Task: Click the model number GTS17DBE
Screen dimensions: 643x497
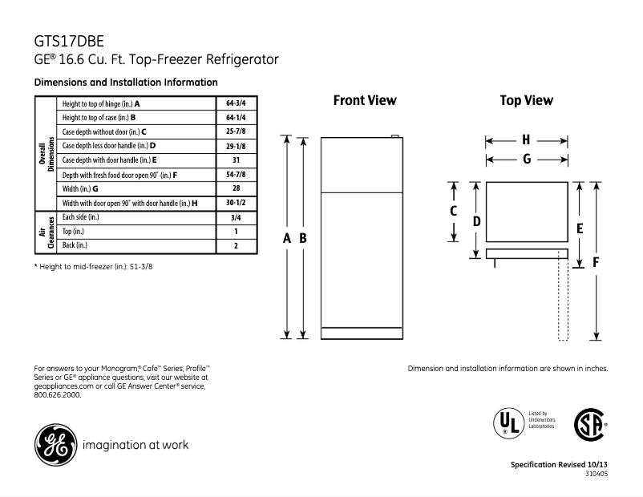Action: coord(68,41)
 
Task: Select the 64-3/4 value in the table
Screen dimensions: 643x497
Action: coord(236,103)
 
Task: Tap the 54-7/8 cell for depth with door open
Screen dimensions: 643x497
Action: coord(236,175)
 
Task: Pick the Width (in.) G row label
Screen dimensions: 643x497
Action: coord(80,189)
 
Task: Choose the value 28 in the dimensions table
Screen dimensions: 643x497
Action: coord(236,189)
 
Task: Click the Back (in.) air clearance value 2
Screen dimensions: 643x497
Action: coord(236,245)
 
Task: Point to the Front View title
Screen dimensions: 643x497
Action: coord(365,101)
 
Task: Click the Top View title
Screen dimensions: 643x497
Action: coord(526,101)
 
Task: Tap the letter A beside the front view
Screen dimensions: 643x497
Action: coord(287,238)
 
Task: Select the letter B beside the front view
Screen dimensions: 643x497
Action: coord(303,238)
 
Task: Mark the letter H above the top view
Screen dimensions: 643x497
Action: coord(526,139)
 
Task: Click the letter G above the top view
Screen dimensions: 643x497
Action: coord(526,159)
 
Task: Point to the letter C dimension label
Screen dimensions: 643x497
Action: coord(453,212)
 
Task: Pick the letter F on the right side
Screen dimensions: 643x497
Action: coord(596,261)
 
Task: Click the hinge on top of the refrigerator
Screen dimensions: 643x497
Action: coord(395,136)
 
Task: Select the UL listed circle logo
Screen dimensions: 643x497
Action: coord(507,422)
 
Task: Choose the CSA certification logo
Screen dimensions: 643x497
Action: coord(589,424)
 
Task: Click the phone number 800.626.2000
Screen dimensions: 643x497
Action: coord(58,395)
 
